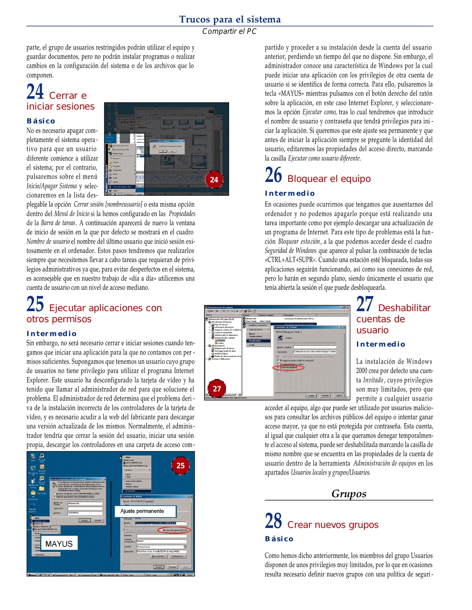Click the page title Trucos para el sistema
[230, 19]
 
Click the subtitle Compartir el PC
[229, 31]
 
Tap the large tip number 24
[35, 91]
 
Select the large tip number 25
[35, 304]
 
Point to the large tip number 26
[273, 175]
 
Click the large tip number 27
[365, 304]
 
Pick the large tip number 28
[273, 521]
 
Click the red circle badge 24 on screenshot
[214, 180]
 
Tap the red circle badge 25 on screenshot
[180, 466]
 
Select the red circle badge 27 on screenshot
[217, 389]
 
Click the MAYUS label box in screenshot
[59, 544]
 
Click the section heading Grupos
[349, 493]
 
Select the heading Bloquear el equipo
[329, 179]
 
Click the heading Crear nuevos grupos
[333, 525]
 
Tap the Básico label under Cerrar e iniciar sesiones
[41, 121]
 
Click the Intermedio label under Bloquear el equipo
[290, 193]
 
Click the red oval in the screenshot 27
[288, 368]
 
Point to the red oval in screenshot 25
[174, 530]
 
